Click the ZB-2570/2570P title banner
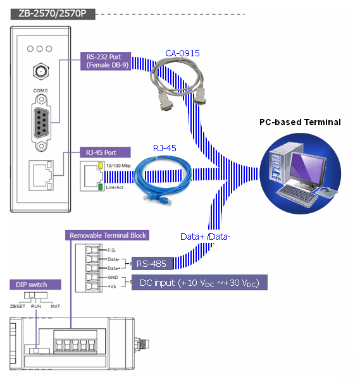[53, 14]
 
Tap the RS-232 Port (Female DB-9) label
[106, 61]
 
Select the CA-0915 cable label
[182, 53]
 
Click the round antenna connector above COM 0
[40, 71]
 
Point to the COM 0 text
[40, 90]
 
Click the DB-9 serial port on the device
[41, 123]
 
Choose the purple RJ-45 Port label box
[105, 152]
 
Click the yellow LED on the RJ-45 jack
[100, 166]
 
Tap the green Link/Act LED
[100, 187]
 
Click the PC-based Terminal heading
[300, 122]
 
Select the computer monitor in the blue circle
[308, 169]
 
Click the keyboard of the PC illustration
[296, 195]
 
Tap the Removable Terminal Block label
[108, 235]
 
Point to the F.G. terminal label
[112, 250]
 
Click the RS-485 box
[152, 264]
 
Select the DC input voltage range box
[199, 283]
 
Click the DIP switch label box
[35, 285]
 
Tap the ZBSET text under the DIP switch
[18, 307]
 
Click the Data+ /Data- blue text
[205, 237]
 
